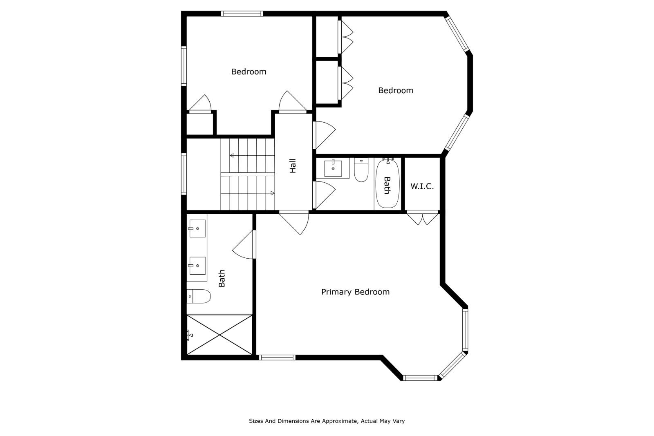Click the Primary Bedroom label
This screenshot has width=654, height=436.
tap(355, 292)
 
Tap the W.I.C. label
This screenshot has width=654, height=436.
tap(422, 186)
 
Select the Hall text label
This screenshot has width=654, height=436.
tap(293, 166)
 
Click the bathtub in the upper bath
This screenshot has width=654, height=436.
tap(387, 184)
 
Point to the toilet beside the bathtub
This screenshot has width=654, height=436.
tap(361, 171)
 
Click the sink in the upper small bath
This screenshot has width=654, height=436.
tap(333, 168)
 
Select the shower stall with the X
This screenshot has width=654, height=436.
tap(219, 335)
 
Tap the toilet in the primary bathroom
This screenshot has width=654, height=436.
tap(199, 296)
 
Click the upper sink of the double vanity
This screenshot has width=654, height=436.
tap(197, 229)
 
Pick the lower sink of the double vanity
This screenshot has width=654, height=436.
tap(197, 266)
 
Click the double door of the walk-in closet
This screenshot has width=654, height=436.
tap(423, 218)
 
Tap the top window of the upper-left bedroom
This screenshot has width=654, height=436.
tap(242, 13)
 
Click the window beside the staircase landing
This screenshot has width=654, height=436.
tap(184, 174)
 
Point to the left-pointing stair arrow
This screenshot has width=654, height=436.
tap(232, 155)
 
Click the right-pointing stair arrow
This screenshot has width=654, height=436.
tap(272, 193)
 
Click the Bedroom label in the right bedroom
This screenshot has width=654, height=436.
tap(395, 90)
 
